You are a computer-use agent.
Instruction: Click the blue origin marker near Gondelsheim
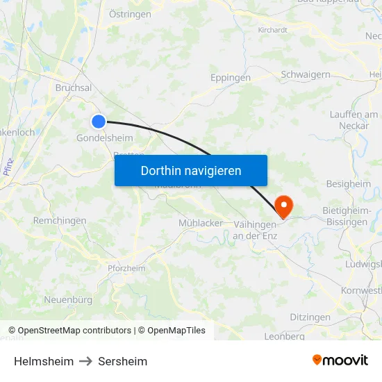click(99, 122)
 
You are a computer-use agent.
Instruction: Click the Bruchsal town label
click(73, 88)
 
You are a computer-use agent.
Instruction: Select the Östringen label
click(130, 13)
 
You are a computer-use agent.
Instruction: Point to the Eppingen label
click(230, 78)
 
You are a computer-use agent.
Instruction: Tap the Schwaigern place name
click(305, 74)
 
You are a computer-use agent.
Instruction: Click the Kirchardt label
click(272, 30)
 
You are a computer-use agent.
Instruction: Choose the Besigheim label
click(348, 184)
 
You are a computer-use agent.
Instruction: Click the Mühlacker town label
click(201, 223)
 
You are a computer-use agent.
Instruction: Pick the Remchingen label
click(60, 221)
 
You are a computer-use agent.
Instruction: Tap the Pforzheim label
click(126, 268)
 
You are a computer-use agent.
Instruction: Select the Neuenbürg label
click(68, 300)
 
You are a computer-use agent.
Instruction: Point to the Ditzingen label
click(310, 317)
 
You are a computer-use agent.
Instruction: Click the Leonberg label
click(284, 336)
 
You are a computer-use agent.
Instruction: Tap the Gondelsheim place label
click(104, 138)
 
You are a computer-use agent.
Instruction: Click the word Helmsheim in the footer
click(44, 361)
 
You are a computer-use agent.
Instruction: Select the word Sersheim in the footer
click(122, 361)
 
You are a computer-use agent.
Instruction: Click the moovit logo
click(340, 360)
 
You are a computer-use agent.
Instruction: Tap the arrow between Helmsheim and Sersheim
click(85, 361)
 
